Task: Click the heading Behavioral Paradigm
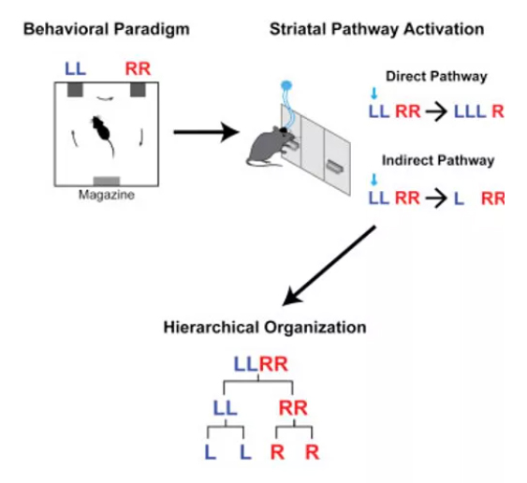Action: pyautogui.click(x=107, y=30)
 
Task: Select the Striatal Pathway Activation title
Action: pyautogui.click(x=377, y=30)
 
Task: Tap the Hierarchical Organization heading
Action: pyautogui.click(x=265, y=328)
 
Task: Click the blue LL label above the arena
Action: pyautogui.click(x=75, y=69)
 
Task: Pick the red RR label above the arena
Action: pyautogui.click(x=138, y=69)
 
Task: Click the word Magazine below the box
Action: pyautogui.click(x=107, y=195)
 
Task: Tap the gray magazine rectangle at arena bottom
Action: pyautogui.click(x=107, y=181)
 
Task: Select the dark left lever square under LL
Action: pyautogui.click(x=75, y=90)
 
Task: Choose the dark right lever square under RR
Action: pyautogui.click(x=138, y=90)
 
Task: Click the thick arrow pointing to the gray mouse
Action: pyautogui.click(x=206, y=132)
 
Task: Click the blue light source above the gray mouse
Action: pyautogui.click(x=286, y=85)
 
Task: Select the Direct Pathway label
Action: pyautogui.click(x=436, y=77)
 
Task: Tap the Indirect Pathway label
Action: pyautogui.click(x=438, y=161)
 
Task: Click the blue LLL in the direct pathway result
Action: pyautogui.click(x=470, y=111)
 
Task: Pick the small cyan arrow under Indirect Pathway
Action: pyautogui.click(x=373, y=180)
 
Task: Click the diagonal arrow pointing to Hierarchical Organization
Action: pyautogui.click(x=329, y=266)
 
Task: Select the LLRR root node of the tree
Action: pyautogui.click(x=261, y=364)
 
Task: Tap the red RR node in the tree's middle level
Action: pyautogui.click(x=293, y=408)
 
